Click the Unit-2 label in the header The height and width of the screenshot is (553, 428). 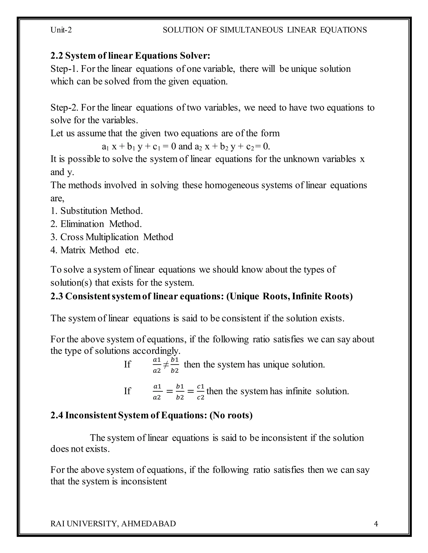click(61, 30)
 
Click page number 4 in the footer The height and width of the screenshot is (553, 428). click(376, 524)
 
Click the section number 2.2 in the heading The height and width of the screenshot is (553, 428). click(57, 56)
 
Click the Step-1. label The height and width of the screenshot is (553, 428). click(64, 69)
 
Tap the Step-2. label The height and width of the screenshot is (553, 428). click(64, 108)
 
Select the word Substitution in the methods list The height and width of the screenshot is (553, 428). click(84, 211)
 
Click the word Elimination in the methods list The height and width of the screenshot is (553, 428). click(82, 224)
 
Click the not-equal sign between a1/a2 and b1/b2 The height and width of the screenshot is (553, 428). click(166, 365)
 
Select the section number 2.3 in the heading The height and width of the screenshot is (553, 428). click(57, 296)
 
